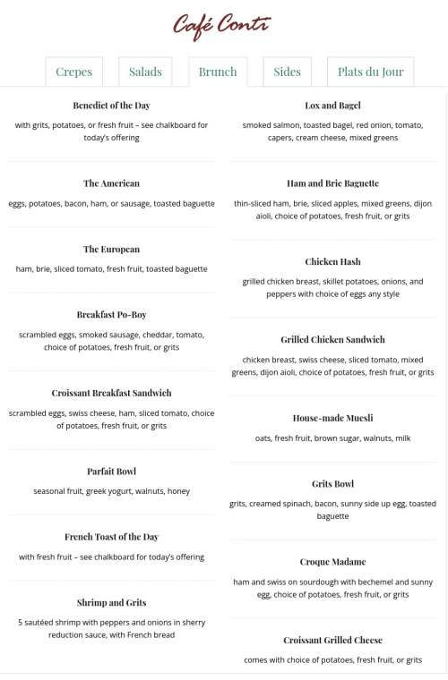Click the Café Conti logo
pyautogui.click(x=221, y=27)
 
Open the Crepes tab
pyautogui.click(x=73, y=72)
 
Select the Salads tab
pyautogui.click(x=145, y=72)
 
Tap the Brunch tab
pyautogui.click(x=218, y=72)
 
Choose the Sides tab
pyautogui.click(x=287, y=72)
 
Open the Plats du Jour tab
pyautogui.click(x=370, y=72)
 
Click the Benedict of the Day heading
pyautogui.click(x=111, y=106)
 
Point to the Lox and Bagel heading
pyautogui.click(x=332, y=106)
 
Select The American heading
pyautogui.click(x=111, y=183)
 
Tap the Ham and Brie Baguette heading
pyautogui.click(x=332, y=183)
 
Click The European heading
pyautogui.click(x=111, y=250)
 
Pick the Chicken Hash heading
pyautogui.click(x=332, y=262)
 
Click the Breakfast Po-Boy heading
pyautogui.click(x=111, y=315)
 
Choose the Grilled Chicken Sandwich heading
pyautogui.click(x=332, y=340)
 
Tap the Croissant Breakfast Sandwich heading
pyautogui.click(x=111, y=393)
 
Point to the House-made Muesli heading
pyautogui.click(x=332, y=418)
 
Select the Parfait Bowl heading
pyautogui.click(x=111, y=472)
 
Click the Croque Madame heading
pyautogui.click(x=332, y=562)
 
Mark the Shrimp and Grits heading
pyautogui.click(x=111, y=603)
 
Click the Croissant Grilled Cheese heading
pyautogui.click(x=332, y=641)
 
